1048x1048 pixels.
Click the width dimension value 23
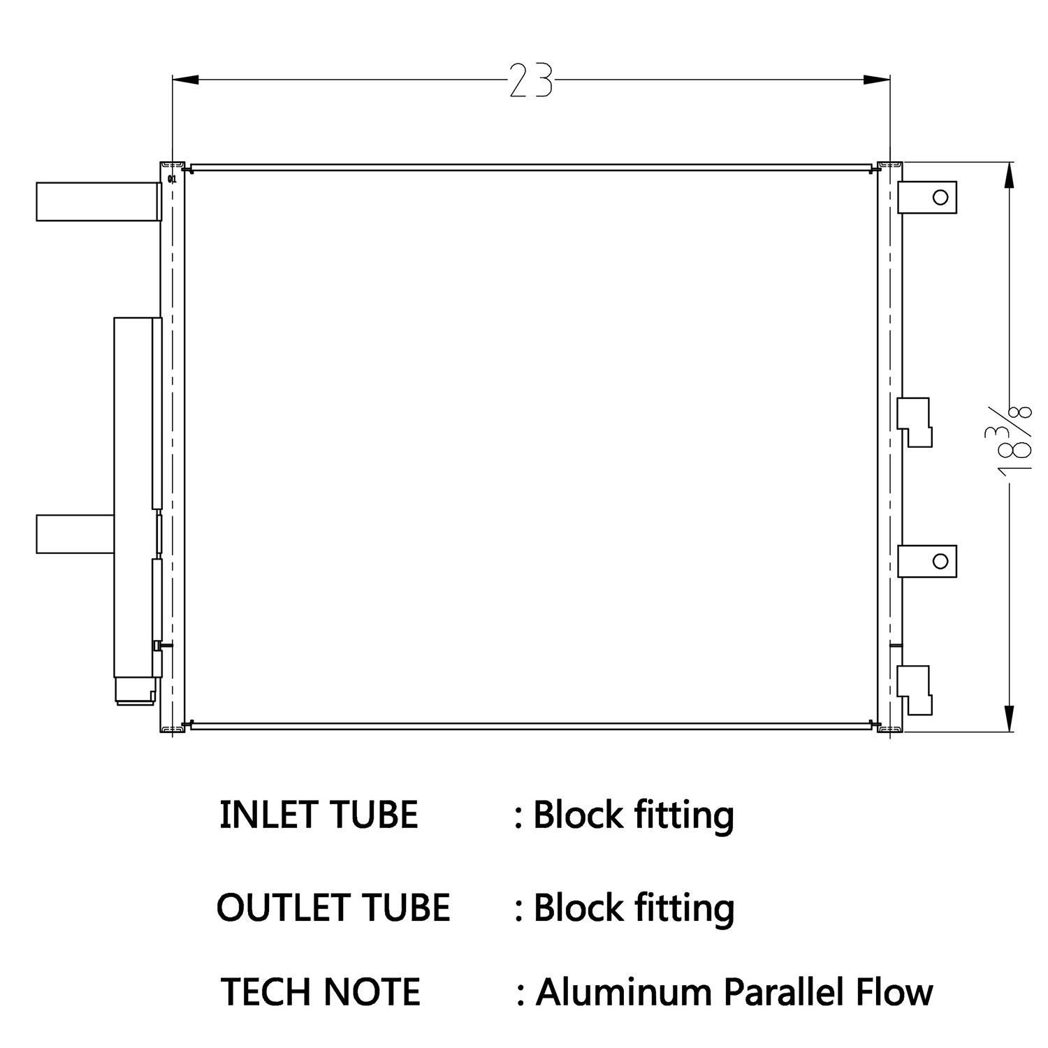click(x=530, y=80)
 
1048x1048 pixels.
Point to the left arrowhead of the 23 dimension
click(x=186, y=80)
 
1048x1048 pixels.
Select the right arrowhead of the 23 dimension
click(x=877, y=80)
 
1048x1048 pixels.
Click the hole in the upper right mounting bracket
click(x=940, y=197)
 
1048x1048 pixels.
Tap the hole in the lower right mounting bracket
click(x=940, y=561)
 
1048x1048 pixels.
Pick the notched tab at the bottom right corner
click(x=915, y=689)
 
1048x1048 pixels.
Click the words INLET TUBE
click(x=319, y=815)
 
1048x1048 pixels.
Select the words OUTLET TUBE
click(x=333, y=907)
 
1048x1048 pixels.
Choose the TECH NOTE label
click(x=321, y=991)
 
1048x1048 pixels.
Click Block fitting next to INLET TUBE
click(x=633, y=815)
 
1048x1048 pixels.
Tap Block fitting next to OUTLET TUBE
click(x=633, y=907)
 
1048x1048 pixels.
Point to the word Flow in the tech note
click(x=898, y=991)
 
